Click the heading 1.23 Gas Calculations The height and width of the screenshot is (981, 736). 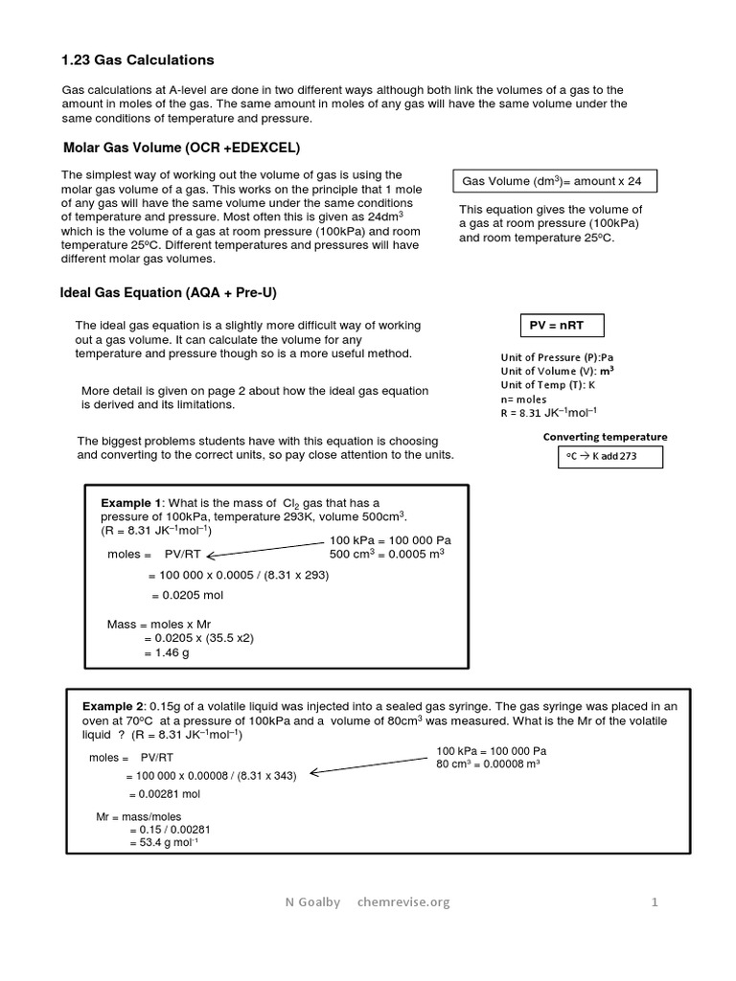[x=138, y=59]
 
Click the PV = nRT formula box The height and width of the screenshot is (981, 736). [x=556, y=326]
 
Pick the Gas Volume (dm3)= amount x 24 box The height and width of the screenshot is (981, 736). [x=552, y=181]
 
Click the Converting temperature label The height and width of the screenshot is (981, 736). [x=605, y=437]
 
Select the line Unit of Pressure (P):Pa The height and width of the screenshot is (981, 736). [x=556, y=357]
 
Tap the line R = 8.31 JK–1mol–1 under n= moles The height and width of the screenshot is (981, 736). [x=548, y=414]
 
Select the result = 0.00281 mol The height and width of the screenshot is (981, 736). [x=164, y=794]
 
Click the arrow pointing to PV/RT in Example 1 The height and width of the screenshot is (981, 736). [x=264, y=549]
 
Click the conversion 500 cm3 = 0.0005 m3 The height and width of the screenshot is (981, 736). [x=386, y=555]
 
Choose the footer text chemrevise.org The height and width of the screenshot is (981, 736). [x=402, y=901]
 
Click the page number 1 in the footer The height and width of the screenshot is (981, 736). [x=655, y=901]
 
